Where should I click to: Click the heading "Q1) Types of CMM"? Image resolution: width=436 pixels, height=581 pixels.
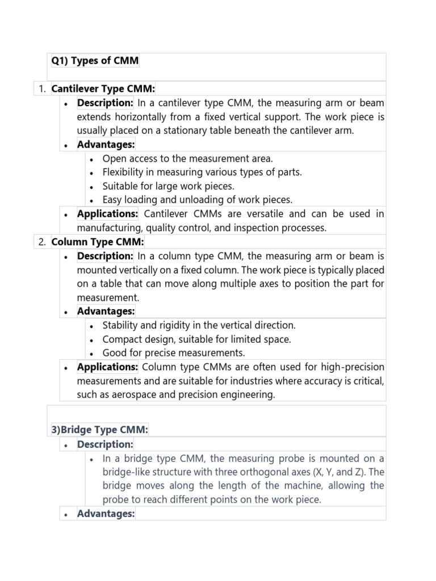(x=95, y=61)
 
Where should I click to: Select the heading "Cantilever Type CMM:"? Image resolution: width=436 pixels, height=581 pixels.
(x=103, y=89)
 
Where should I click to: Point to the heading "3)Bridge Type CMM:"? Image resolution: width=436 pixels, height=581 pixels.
(x=100, y=430)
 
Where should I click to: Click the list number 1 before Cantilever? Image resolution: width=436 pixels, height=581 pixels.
(x=41, y=89)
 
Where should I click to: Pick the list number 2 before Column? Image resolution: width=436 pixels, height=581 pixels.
(x=41, y=242)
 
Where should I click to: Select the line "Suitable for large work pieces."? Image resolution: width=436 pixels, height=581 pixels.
(x=168, y=186)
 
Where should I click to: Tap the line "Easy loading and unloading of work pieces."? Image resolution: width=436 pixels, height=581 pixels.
(x=198, y=199)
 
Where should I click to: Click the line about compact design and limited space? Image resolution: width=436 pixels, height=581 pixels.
(x=196, y=339)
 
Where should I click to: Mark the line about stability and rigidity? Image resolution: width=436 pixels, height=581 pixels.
(x=199, y=326)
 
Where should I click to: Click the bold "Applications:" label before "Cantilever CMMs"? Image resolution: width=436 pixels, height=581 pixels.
(x=108, y=214)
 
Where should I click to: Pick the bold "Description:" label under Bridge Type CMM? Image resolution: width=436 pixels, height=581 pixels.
(x=105, y=444)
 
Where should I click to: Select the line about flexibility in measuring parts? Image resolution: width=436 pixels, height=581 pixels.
(x=203, y=172)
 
